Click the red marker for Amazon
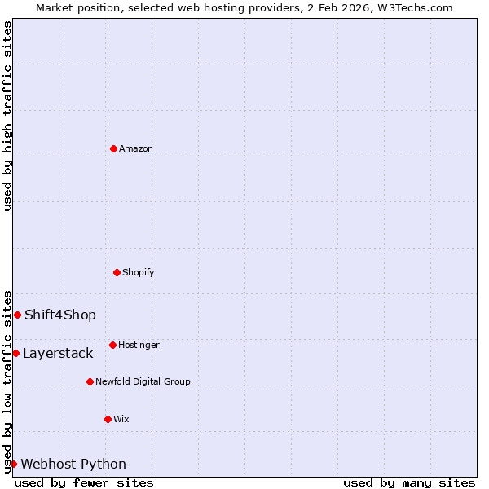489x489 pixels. click(113, 148)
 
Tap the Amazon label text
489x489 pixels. click(135, 148)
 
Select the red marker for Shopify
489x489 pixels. click(117, 272)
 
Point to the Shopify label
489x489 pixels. click(138, 272)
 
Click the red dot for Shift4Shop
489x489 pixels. click(17, 315)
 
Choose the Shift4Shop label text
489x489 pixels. click(60, 315)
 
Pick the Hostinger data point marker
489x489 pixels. click(112, 345)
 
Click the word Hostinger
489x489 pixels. click(139, 345)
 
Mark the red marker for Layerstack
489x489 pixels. click(15, 353)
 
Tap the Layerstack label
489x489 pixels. click(58, 354)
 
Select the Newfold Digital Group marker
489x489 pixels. click(90, 381)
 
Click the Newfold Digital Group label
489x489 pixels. click(143, 381)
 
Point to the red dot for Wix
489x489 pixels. click(108, 419)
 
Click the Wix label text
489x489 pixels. click(121, 419)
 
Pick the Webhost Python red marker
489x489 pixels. click(14, 464)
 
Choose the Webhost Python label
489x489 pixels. click(73, 465)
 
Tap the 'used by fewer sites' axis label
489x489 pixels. click(84, 482)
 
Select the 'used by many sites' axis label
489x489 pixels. click(409, 482)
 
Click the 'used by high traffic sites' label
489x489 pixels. click(7, 116)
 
